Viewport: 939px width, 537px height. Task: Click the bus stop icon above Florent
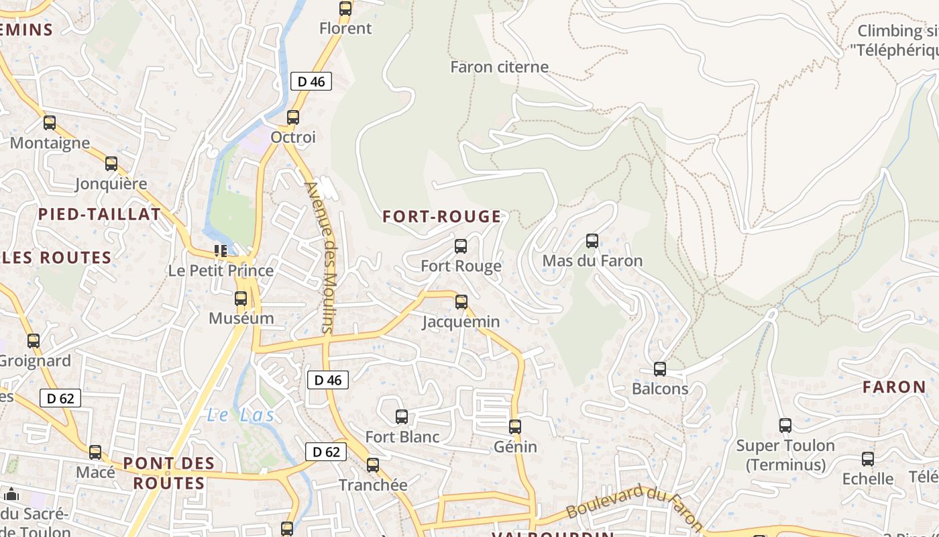tap(345, 9)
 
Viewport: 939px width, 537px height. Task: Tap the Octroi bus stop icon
tap(293, 117)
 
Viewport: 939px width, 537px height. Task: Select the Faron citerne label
tap(499, 67)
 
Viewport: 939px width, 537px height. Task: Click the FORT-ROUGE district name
tap(442, 216)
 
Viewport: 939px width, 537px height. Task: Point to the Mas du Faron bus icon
tap(592, 241)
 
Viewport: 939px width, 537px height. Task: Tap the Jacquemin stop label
tap(461, 322)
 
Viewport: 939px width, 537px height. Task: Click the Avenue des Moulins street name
tap(320, 257)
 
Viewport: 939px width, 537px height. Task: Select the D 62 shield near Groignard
tap(60, 398)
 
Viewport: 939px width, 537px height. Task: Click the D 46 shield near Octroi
tap(311, 81)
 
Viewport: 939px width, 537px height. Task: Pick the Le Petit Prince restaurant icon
tap(220, 251)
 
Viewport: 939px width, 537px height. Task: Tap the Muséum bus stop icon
tap(241, 299)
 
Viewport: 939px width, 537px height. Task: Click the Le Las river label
tap(240, 415)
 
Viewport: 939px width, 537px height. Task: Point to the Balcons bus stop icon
tap(660, 369)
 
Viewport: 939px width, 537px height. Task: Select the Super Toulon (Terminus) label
tap(785, 455)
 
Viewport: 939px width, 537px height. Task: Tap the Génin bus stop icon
tap(515, 427)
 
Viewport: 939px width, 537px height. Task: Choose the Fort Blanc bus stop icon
tap(402, 417)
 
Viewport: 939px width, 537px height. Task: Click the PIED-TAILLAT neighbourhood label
tap(99, 214)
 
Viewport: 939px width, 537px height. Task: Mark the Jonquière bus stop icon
tap(111, 164)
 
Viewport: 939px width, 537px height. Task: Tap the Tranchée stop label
tap(373, 485)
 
